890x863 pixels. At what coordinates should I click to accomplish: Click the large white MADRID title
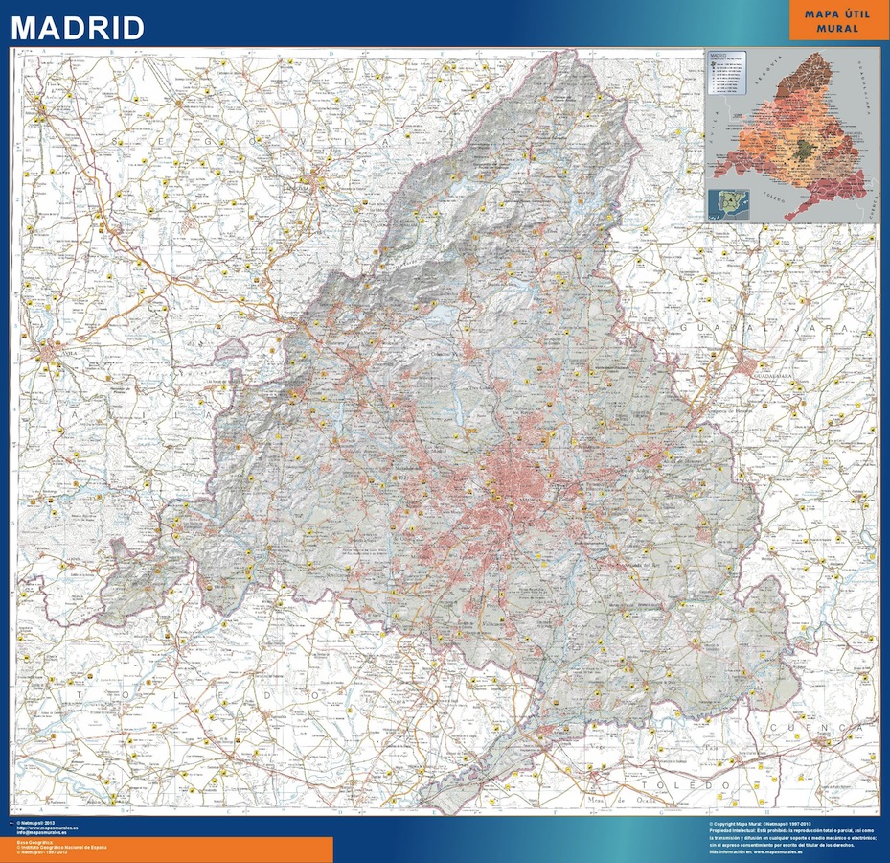(x=78, y=27)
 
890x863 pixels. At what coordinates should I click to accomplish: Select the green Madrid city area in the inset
(x=810, y=152)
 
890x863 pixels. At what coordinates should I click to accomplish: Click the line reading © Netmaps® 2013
(x=38, y=823)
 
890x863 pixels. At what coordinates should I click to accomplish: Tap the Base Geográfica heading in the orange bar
(x=34, y=841)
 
